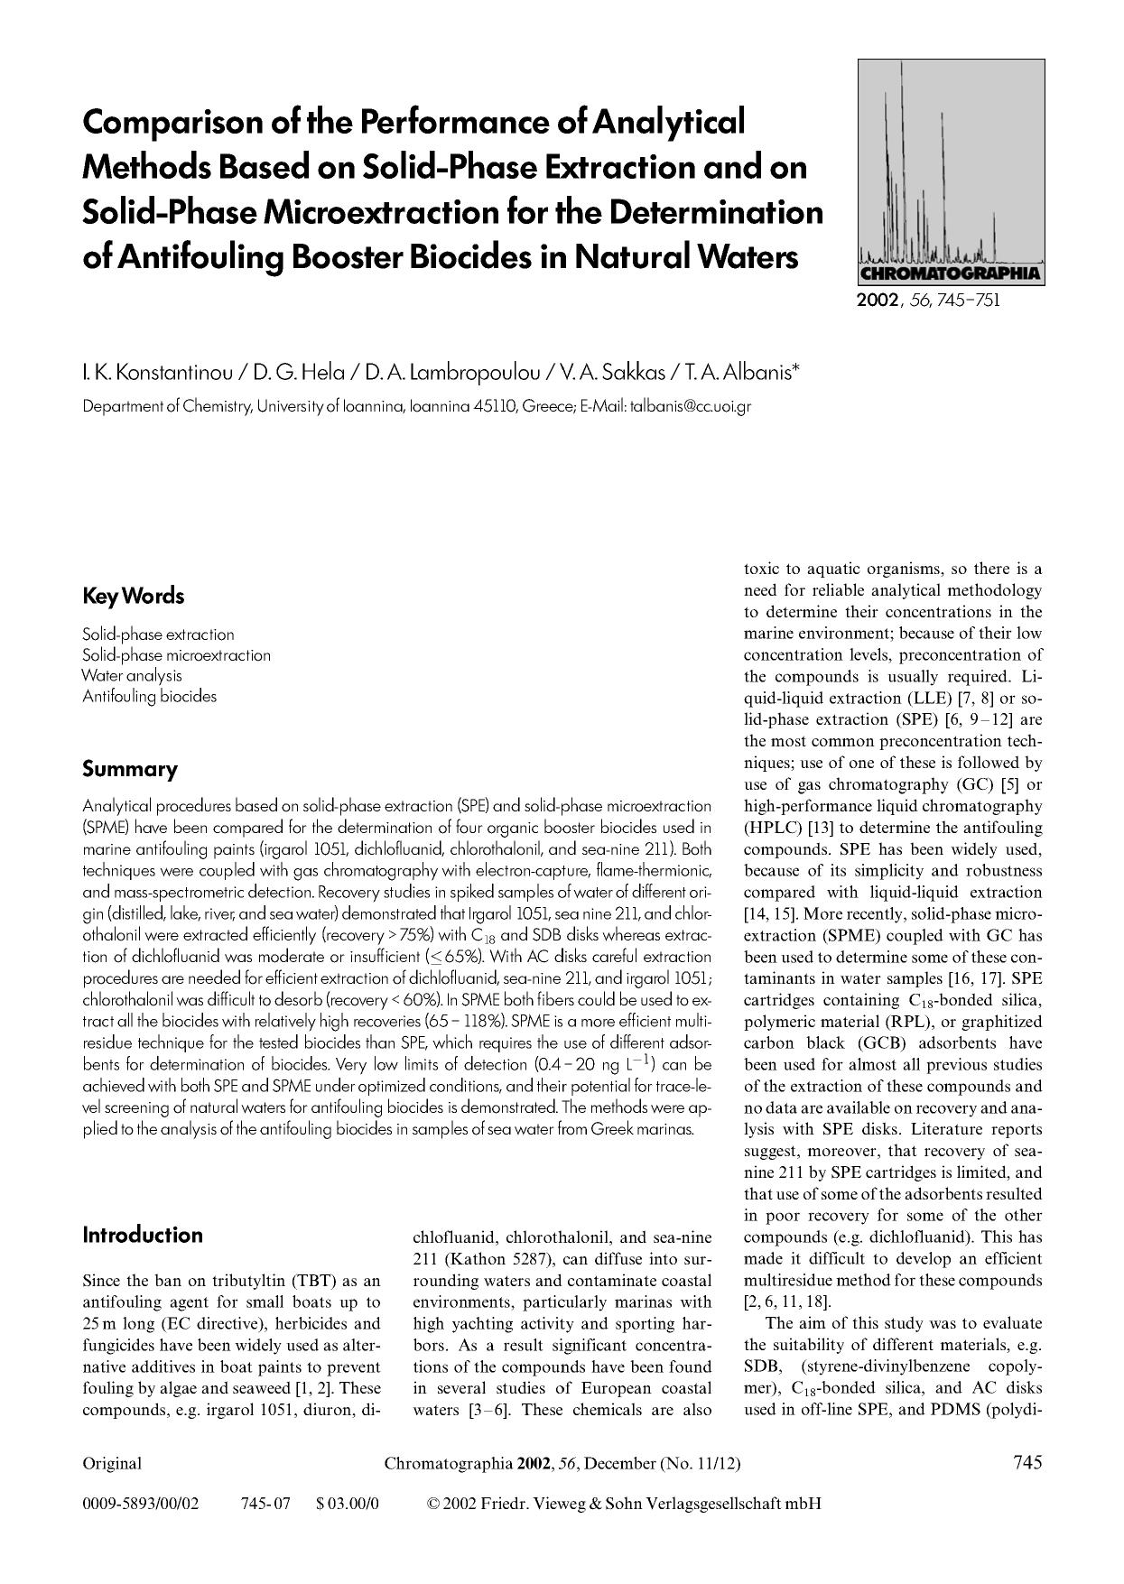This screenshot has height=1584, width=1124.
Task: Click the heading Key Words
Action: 133,597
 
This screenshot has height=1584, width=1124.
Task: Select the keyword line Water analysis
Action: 132,675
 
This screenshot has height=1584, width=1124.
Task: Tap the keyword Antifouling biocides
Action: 149,696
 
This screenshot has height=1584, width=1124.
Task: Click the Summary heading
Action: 129,770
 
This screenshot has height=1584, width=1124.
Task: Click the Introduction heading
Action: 142,1235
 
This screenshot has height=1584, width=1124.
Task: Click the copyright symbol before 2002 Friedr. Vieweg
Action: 432,1504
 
